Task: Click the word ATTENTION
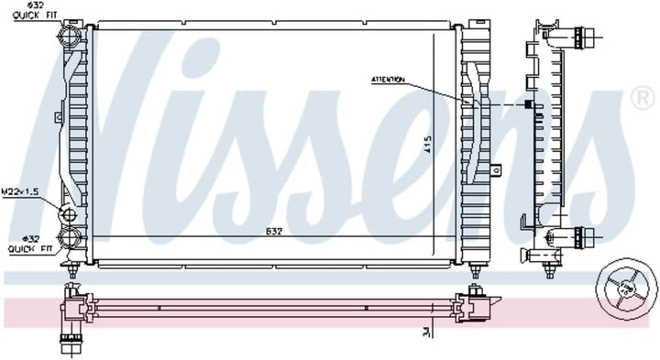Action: pyautogui.click(x=388, y=81)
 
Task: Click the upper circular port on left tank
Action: pyautogui.click(x=68, y=40)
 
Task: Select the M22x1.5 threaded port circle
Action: pyautogui.click(x=69, y=215)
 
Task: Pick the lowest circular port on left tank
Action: pyautogui.click(x=69, y=240)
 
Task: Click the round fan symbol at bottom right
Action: pyautogui.click(x=625, y=289)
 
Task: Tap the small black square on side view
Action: pyautogui.click(x=528, y=104)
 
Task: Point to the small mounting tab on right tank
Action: pyautogui.click(x=495, y=169)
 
